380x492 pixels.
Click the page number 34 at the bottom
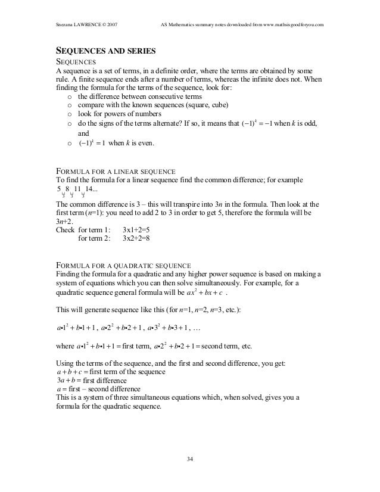point(190,459)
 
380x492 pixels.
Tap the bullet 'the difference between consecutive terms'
point(140,96)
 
